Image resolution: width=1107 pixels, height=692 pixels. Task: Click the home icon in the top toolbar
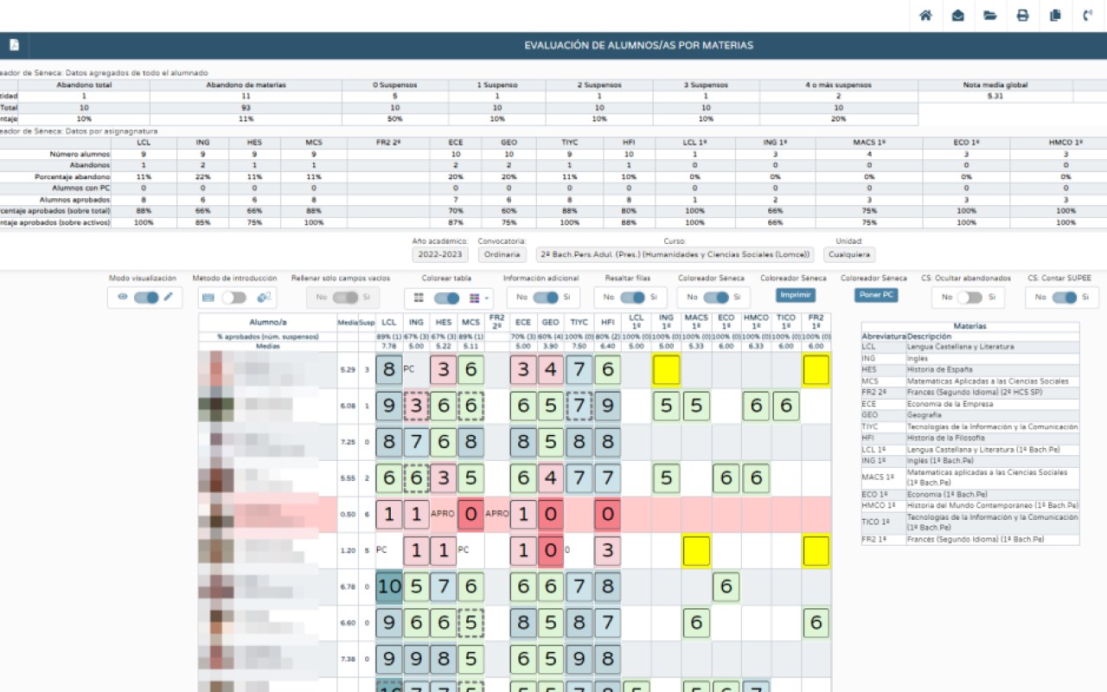click(x=925, y=16)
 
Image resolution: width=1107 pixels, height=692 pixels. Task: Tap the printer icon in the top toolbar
click(x=1022, y=16)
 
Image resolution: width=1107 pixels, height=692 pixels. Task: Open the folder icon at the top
click(x=990, y=16)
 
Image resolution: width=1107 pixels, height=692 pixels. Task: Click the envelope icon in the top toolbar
click(x=957, y=16)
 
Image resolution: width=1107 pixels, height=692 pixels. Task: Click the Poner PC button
click(x=875, y=295)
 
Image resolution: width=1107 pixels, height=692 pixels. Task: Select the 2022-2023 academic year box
click(x=439, y=254)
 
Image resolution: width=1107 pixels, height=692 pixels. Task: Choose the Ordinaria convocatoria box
click(x=502, y=254)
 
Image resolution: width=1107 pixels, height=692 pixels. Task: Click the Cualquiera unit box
click(x=849, y=254)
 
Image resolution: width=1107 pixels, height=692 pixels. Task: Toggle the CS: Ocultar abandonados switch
click(x=969, y=297)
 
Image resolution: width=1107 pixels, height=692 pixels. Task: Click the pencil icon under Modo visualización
click(x=169, y=297)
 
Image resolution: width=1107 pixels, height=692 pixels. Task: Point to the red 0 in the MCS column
click(x=470, y=515)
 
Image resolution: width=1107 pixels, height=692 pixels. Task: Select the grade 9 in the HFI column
click(x=607, y=406)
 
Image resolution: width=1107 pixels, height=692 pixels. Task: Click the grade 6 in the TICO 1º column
click(x=784, y=406)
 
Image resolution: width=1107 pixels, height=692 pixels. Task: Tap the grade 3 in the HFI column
click(x=607, y=551)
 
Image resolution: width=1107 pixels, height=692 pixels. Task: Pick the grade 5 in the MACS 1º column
click(x=695, y=406)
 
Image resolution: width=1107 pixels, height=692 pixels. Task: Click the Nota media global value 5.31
click(x=995, y=96)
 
